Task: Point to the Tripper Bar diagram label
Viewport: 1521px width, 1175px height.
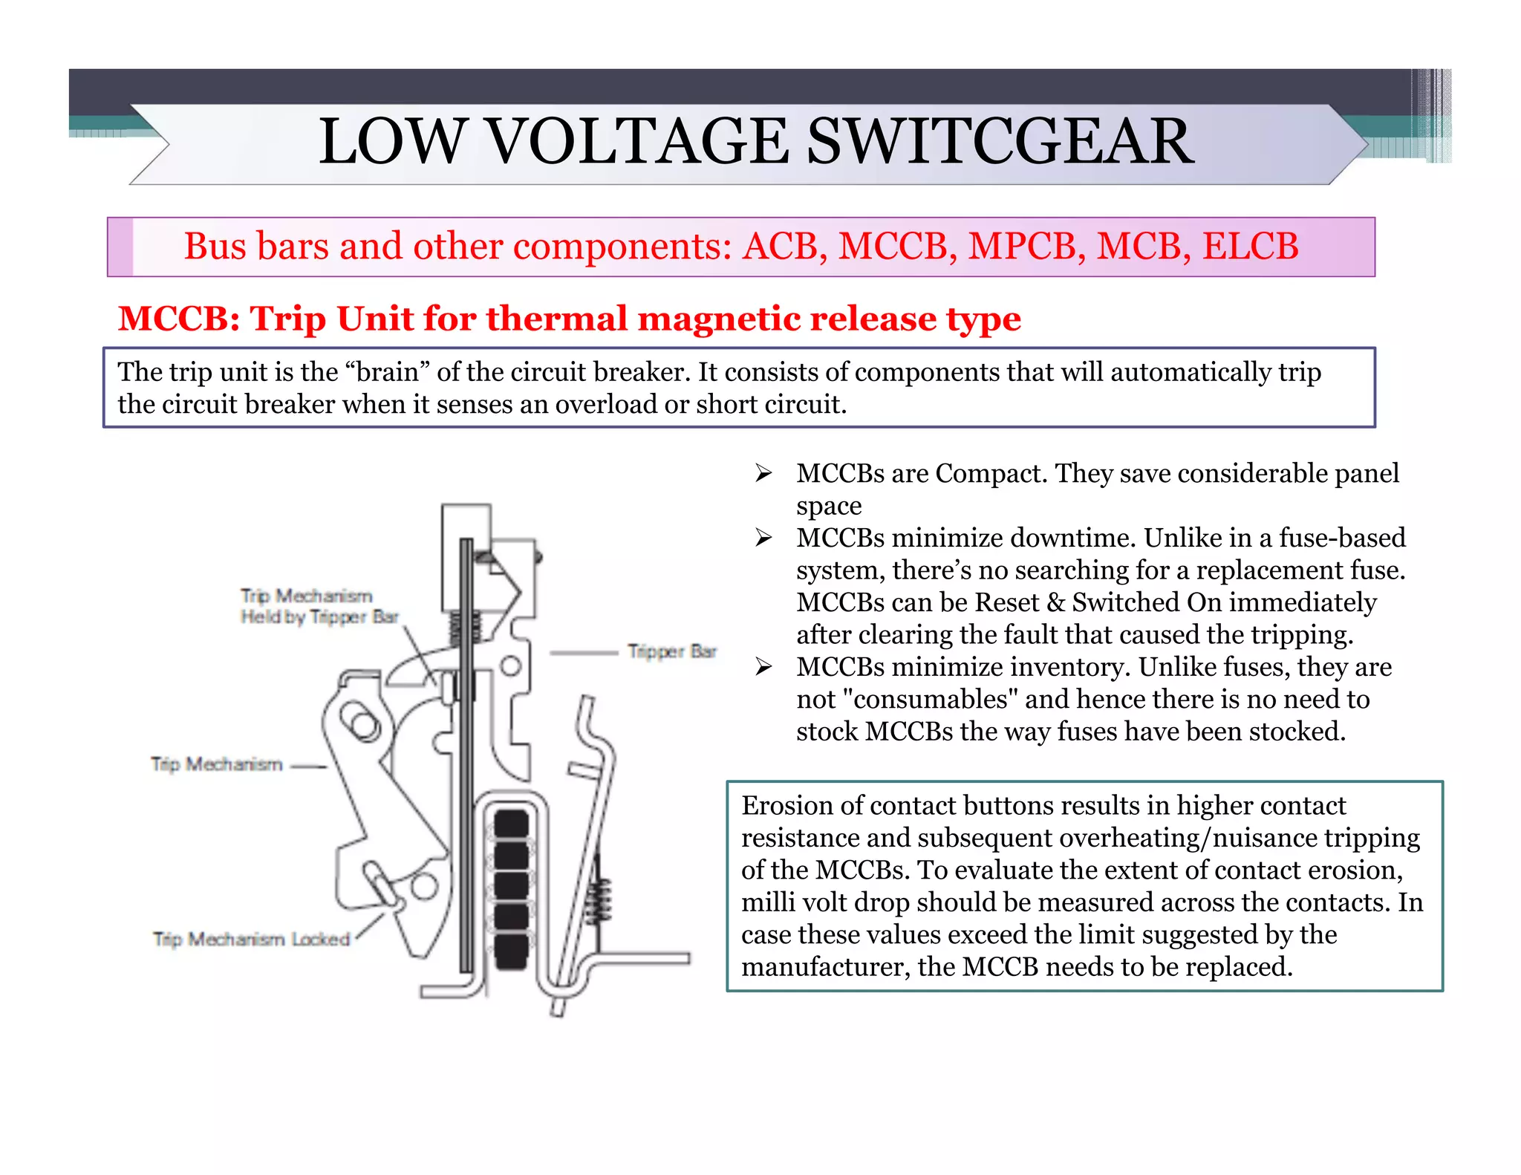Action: (x=671, y=651)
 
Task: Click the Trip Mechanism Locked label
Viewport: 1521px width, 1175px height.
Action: (x=251, y=940)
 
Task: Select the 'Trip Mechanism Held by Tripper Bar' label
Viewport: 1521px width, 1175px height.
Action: (x=319, y=606)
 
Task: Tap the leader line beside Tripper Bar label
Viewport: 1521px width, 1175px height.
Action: (x=584, y=653)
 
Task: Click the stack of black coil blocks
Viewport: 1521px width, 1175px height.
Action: (x=512, y=888)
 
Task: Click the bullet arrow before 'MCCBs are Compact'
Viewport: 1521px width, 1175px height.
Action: (x=763, y=473)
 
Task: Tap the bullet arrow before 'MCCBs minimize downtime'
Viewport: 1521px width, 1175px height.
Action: (x=763, y=538)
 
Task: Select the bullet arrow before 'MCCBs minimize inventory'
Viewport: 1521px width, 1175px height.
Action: (x=763, y=667)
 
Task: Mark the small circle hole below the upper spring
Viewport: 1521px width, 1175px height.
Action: (x=510, y=665)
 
